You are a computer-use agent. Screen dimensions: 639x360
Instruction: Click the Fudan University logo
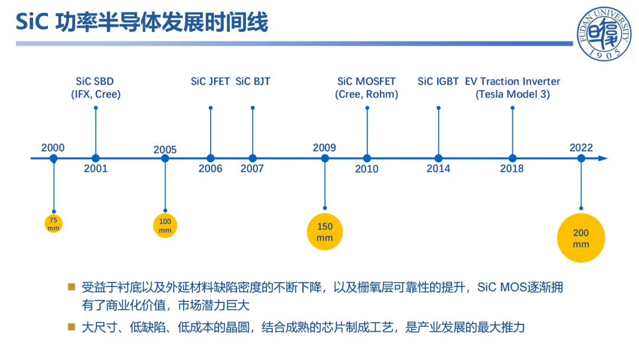(604, 34)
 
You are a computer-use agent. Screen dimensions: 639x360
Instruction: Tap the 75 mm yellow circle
(53, 224)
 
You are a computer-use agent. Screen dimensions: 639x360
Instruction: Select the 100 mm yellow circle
(165, 226)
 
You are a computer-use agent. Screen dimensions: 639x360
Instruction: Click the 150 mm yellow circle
(325, 232)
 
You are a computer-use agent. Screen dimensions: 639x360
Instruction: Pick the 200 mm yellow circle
(581, 238)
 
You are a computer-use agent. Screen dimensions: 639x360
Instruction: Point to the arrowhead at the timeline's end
(603, 158)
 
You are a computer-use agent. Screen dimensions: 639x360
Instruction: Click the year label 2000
(53, 147)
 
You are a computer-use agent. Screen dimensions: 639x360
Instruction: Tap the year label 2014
(438, 168)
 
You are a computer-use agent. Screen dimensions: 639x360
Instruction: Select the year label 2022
(581, 147)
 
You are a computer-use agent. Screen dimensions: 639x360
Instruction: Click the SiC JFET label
(210, 82)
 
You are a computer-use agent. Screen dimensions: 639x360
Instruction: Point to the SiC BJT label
(253, 82)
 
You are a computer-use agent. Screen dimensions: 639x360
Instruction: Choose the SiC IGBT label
(438, 82)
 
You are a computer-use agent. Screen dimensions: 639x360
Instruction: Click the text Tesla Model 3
(512, 95)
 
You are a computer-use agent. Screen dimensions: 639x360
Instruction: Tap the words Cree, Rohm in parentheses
(366, 95)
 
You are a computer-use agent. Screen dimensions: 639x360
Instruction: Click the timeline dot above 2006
(210, 158)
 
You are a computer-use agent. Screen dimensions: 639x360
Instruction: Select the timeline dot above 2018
(512, 158)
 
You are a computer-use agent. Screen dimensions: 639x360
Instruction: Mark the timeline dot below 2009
(325, 158)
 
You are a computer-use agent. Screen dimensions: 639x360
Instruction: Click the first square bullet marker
(72, 287)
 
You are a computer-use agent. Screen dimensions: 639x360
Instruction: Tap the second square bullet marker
(72, 327)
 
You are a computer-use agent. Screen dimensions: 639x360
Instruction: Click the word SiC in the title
(32, 22)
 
